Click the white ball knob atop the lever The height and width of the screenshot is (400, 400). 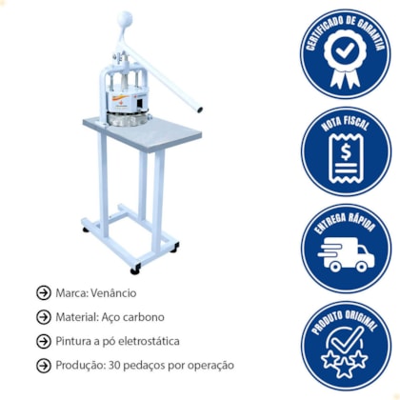(x=125, y=20)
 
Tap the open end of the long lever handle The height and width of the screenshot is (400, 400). (x=199, y=110)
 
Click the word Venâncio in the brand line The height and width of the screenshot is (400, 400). (x=113, y=292)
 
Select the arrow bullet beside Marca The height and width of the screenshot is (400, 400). (x=44, y=292)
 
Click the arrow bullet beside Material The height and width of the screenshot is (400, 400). (x=44, y=317)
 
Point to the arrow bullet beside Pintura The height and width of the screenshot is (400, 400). (x=44, y=341)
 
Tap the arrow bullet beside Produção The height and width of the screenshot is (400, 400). (x=44, y=366)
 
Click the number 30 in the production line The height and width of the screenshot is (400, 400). (x=114, y=365)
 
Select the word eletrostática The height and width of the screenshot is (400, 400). (x=149, y=341)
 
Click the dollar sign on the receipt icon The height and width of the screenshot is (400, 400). (x=346, y=152)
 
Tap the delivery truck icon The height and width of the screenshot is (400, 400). (x=346, y=256)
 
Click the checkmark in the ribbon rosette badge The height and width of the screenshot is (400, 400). (x=345, y=50)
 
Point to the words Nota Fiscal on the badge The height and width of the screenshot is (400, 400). (x=346, y=123)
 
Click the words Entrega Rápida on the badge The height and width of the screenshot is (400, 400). (x=346, y=223)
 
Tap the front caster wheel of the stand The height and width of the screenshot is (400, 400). (x=135, y=270)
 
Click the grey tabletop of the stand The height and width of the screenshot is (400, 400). (x=143, y=132)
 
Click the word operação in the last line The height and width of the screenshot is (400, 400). (x=210, y=366)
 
